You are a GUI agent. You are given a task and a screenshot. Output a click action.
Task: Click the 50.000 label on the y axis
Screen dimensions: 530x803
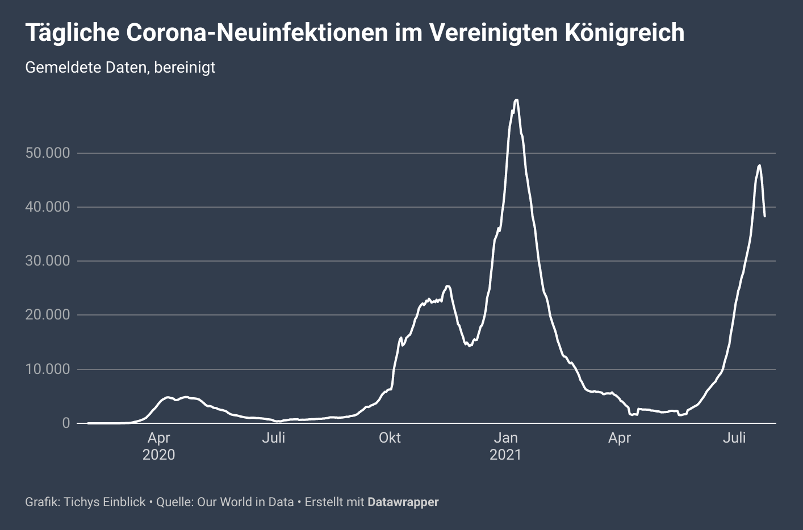(48, 153)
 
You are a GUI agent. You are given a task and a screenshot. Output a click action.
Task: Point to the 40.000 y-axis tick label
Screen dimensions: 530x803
(48, 207)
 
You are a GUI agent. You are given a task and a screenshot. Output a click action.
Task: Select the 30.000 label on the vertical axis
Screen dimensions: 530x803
(48, 261)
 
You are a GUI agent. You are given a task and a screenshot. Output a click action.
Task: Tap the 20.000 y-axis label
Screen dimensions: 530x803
(48, 315)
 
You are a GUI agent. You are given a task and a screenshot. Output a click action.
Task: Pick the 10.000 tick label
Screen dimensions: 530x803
(48, 369)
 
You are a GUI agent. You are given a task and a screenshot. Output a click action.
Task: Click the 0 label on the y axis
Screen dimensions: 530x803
(66, 423)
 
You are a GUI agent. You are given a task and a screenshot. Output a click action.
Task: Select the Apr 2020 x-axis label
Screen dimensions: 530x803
(158, 446)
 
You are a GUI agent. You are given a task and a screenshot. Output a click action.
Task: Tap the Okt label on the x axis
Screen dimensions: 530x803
(390, 438)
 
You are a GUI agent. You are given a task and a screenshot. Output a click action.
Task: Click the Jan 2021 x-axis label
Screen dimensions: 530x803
(505, 446)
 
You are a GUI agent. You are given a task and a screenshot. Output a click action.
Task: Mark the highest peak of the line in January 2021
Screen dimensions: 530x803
(516, 100)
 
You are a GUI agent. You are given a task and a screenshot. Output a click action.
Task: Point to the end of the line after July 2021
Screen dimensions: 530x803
(765, 216)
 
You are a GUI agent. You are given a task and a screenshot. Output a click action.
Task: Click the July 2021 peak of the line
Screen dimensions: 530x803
(759, 165)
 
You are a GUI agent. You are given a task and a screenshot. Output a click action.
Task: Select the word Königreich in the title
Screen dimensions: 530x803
(625, 33)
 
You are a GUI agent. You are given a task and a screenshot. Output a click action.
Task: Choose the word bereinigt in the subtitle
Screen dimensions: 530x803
(185, 68)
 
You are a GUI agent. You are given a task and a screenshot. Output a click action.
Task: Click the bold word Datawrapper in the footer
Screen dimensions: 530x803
(403, 502)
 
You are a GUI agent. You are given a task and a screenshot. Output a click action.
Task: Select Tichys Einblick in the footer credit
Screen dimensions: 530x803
(104, 502)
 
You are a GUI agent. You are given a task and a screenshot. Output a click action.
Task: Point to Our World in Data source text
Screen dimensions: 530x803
(245, 502)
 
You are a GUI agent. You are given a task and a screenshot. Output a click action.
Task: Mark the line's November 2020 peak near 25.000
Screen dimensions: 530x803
(447, 286)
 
